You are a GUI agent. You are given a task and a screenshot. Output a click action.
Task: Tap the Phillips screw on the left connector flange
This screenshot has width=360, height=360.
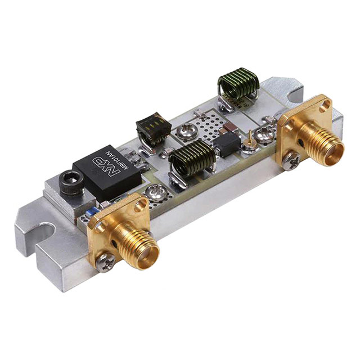pyautogui.click(x=105, y=262)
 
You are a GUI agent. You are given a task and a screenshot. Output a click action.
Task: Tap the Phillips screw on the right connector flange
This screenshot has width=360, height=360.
pyautogui.click(x=291, y=161)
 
